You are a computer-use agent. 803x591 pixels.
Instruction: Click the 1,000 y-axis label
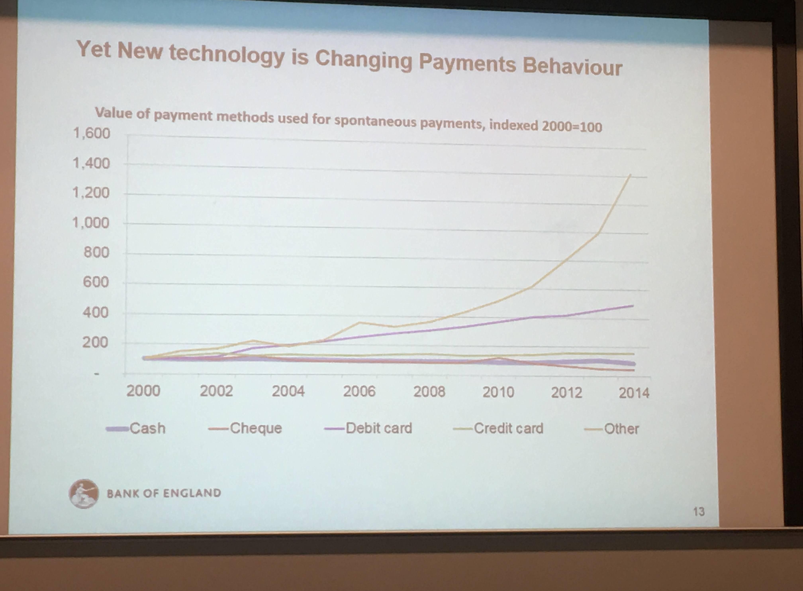[91, 223]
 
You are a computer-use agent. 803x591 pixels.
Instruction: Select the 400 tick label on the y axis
[95, 313]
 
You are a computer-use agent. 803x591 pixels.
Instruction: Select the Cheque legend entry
[245, 428]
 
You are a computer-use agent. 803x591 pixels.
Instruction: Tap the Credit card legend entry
[498, 428]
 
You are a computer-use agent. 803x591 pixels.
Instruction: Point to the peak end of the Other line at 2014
[630, 175]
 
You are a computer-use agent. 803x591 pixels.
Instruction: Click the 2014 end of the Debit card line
[633, 305]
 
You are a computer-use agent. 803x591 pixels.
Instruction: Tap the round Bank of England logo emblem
[84, 494]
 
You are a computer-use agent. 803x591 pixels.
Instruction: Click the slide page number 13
[699, 512]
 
